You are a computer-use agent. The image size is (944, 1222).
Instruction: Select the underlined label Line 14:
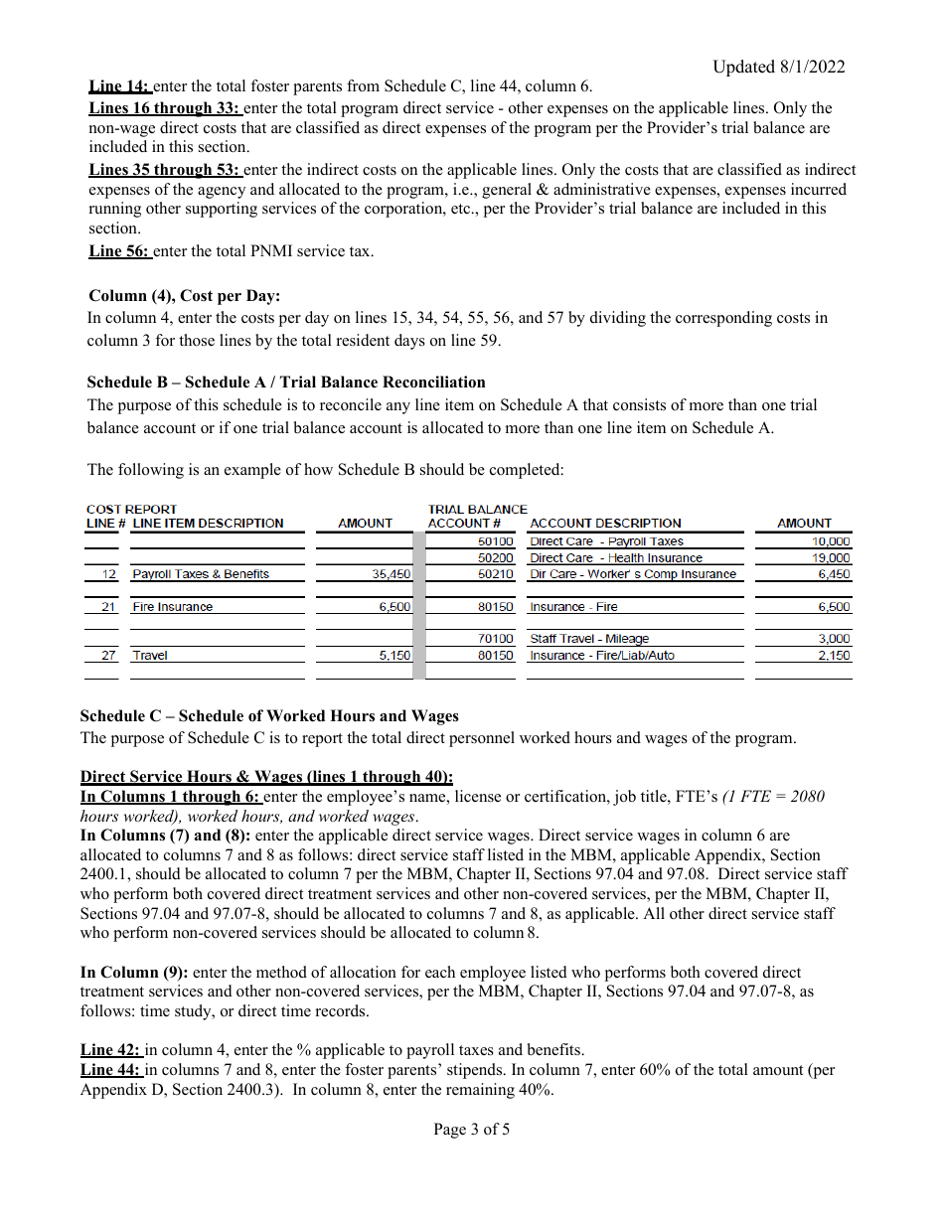119,86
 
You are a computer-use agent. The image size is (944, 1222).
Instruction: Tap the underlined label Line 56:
119,250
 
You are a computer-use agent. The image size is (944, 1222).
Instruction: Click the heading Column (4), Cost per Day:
185,296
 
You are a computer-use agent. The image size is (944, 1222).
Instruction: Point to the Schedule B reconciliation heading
286,382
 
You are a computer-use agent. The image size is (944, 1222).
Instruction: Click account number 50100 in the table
495,541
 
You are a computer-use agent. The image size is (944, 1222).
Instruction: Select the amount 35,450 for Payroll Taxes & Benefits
392,574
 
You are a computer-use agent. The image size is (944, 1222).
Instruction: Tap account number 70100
495,639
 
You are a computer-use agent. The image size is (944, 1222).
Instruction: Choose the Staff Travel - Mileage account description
589,639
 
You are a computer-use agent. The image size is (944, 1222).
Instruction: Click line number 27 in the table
108,656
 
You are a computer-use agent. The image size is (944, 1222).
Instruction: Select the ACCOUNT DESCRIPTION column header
605,524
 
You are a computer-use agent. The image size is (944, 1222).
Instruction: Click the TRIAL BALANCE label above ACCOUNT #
477,509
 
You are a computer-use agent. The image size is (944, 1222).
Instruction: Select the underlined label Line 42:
112,1050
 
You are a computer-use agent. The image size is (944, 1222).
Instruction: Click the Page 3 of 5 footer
471,1130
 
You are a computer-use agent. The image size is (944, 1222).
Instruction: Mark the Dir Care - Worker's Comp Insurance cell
633,574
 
